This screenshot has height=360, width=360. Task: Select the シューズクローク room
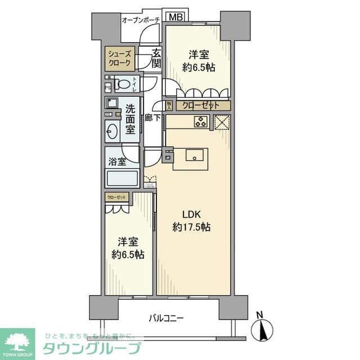click(120, 58)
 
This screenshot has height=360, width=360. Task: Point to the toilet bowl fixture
click(123, 85)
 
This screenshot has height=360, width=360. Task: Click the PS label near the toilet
click(107, 87)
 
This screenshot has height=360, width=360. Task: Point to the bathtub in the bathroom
click(121, 181)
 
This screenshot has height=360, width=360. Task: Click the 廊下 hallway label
click(152, 118)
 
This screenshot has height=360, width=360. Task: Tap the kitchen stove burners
click(201, 121)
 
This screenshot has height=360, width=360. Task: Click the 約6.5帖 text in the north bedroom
click(199, 67)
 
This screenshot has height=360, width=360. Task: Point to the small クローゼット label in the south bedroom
click(117, 197)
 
